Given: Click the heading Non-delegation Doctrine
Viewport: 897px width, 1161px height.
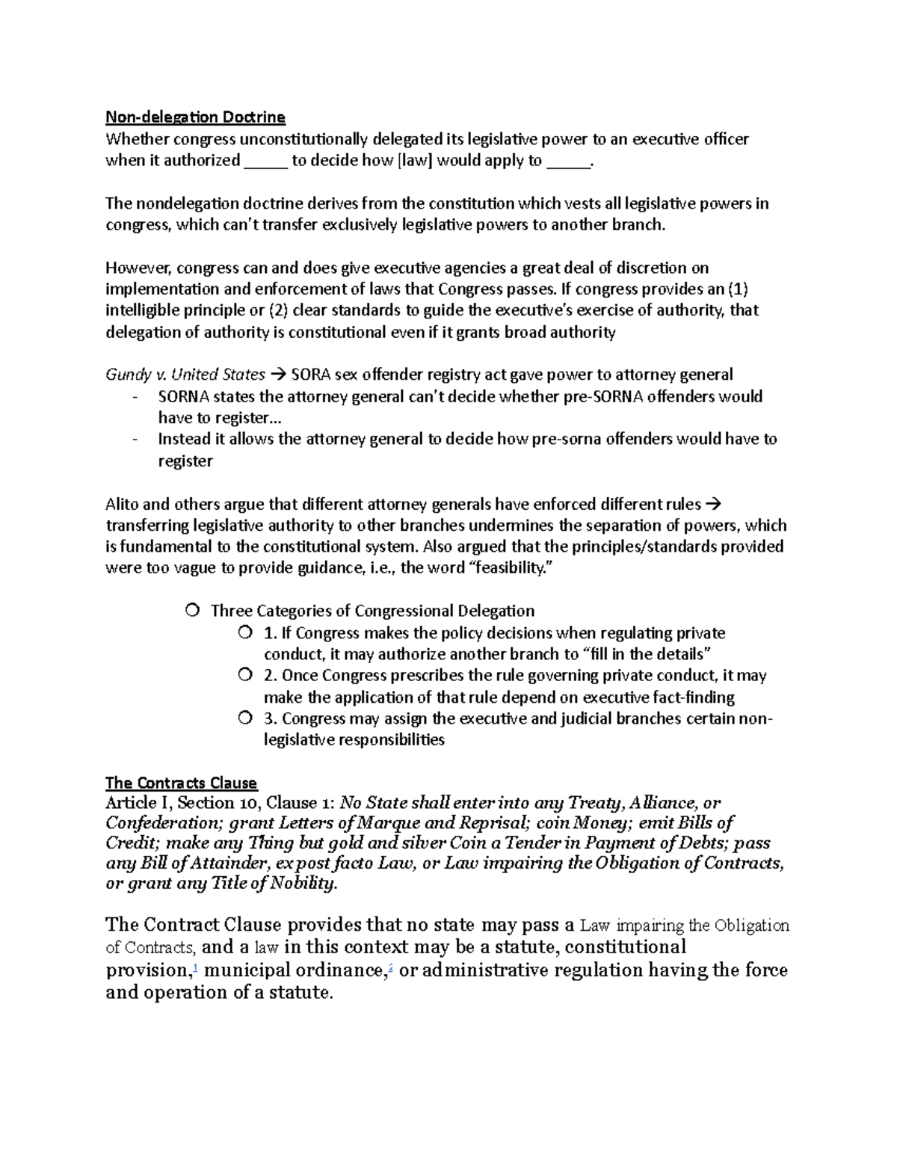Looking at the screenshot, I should coord(195,117).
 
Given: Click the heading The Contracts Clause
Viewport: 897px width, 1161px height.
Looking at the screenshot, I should coord(181,783).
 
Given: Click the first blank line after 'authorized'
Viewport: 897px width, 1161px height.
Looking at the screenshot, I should coord(265,162).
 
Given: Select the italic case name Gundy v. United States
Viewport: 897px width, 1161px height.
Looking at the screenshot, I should coord(185,374).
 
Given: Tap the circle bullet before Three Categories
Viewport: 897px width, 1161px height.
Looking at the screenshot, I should coord(193,611).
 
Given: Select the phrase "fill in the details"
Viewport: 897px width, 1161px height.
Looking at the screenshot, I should coord(644,654).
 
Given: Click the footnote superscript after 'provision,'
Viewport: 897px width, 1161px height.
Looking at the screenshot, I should coord(195,967).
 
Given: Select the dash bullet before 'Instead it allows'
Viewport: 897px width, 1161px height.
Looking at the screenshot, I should coord(134,440).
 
